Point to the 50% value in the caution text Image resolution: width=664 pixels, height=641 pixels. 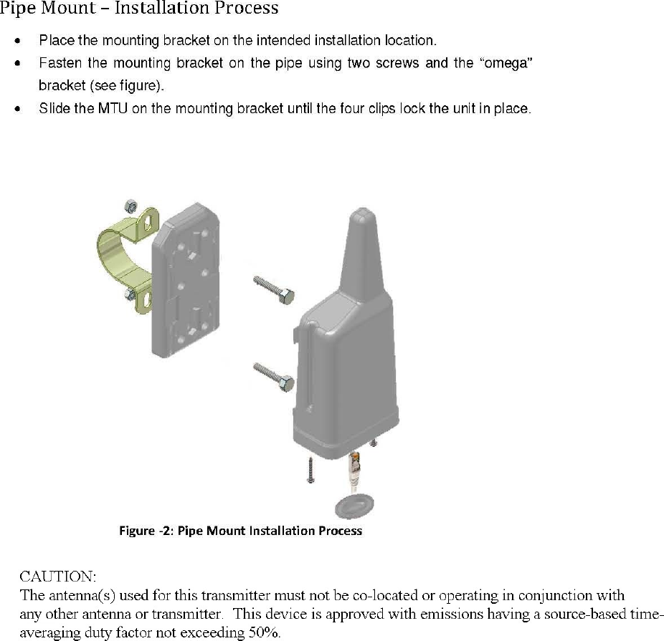264,632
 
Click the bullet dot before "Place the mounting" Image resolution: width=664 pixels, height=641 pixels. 16,40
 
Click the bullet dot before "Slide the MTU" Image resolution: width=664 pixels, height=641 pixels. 16,110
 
